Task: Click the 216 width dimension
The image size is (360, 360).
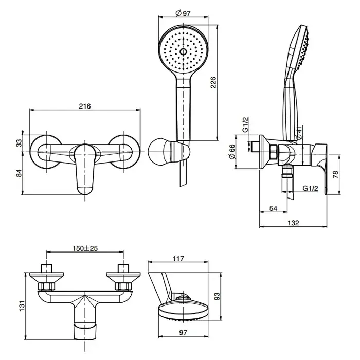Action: (x=85, y=106)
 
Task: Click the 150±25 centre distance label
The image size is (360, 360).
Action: (x=86, y=248)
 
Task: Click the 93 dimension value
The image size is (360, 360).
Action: (x=218, y=297)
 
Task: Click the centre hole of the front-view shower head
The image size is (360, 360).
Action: (x=183, y=52)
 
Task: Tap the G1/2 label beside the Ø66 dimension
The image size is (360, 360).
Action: (x=246, y=125)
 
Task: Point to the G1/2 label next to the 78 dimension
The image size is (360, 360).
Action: (x=310, y=189)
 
